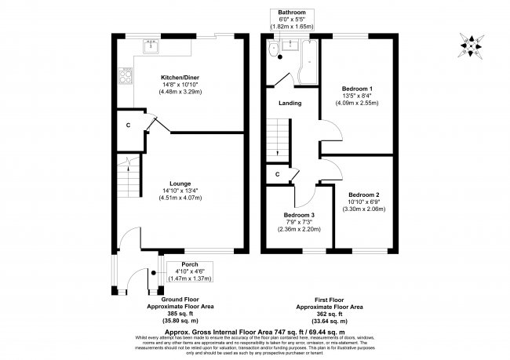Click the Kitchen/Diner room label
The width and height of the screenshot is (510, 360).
click(x=180, y=79)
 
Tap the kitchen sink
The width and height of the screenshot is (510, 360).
click(x=150, y=46)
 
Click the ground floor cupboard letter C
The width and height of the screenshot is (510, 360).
click(x=128, y=124)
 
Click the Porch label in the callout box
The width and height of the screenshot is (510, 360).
click(x=189, y=264)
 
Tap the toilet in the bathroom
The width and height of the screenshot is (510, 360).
click(x=271, y=51)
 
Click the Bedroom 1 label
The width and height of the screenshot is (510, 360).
click(x=358, y=89)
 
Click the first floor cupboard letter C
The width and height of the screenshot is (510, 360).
click(x=277, y=174)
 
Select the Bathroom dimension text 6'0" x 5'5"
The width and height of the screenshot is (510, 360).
click(x=292, y=19)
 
